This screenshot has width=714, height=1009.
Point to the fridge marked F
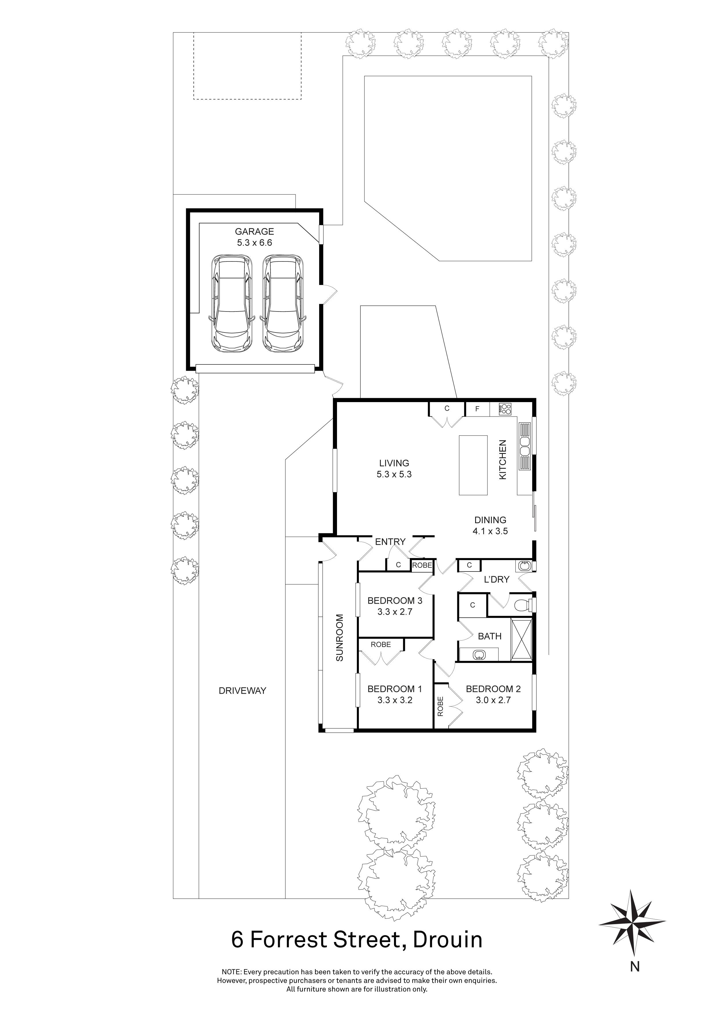[477, 409]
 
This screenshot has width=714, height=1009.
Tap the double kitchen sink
[525, 446]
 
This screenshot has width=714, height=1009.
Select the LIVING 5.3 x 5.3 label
[394, 469]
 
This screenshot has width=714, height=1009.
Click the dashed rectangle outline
[247, 66]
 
